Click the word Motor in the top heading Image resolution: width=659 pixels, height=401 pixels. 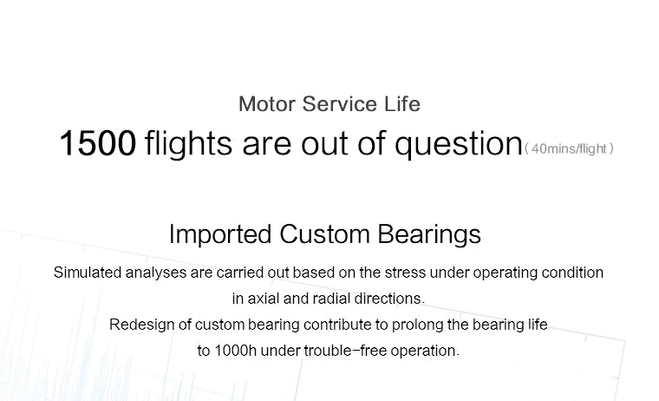point(266,105)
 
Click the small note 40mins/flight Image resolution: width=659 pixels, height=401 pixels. point(569,149)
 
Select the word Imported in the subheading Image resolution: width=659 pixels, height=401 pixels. point(220,234)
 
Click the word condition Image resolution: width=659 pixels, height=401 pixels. point(571,273)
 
